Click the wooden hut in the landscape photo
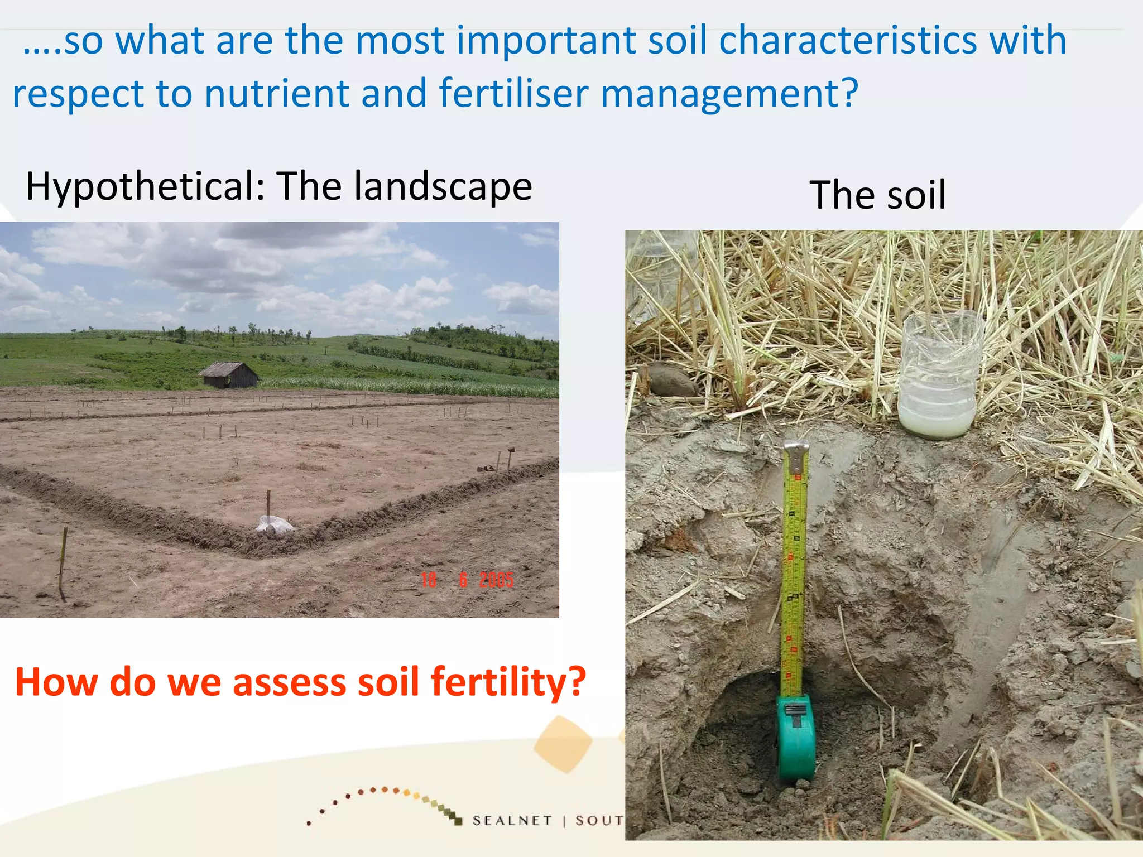point(229,374)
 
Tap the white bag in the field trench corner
point(273,524)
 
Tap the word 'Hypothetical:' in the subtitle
point(145,186)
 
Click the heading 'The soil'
point(877,195)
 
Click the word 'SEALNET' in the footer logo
point(512,820)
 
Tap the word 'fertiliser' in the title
point(513,93)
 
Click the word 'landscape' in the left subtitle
point(443,186)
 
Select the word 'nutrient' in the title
point(277,93)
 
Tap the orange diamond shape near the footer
point(563,744)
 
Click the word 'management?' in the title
point(729,93)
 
